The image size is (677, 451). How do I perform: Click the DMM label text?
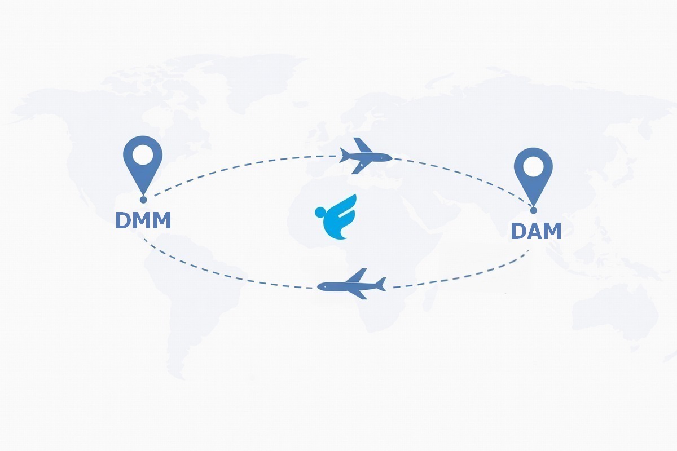(x=143, y=220)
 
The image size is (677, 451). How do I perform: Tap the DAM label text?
(x=535, y=231)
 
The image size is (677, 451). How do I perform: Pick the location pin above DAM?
(x=533, y=172)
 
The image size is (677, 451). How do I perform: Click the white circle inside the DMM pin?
(x=143, y=154)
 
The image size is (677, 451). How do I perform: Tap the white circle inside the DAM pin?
(x=533, y=166)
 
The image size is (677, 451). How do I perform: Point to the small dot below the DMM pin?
(x=143, y=199)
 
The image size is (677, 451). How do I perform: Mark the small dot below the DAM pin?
(x=533, y=210)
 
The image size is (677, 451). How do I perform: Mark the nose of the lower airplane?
(x=320, y=287)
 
